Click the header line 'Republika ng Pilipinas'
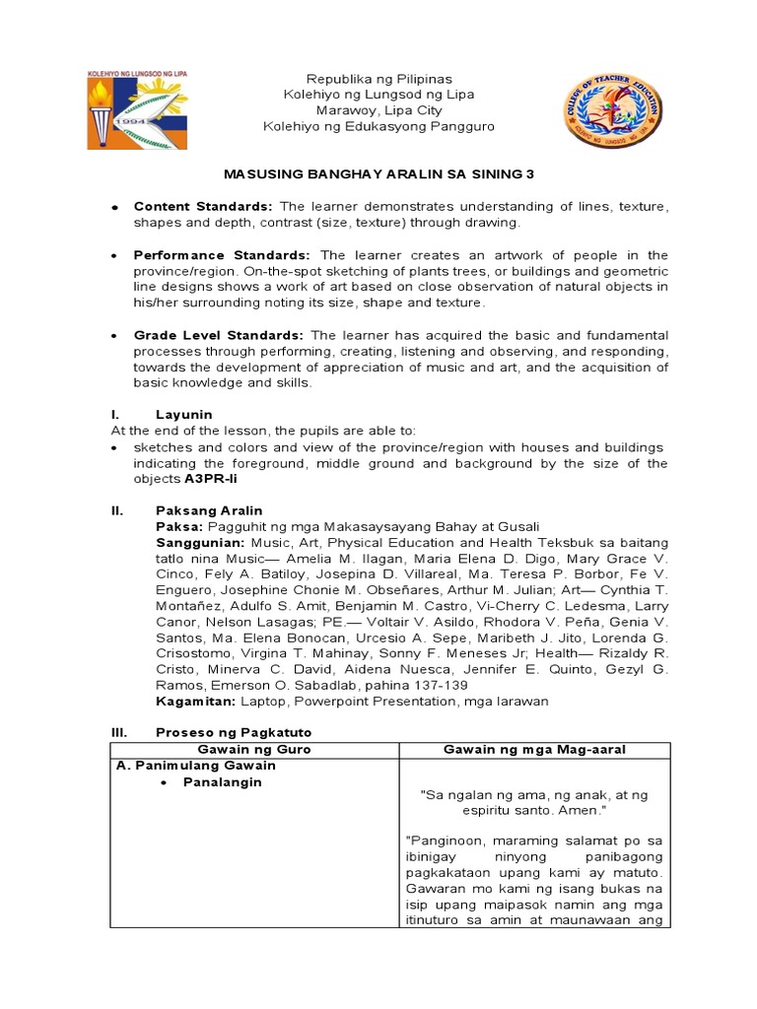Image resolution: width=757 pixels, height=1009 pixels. (x=378, y=78)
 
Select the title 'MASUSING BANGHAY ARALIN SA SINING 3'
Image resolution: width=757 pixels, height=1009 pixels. (x=378, y=173)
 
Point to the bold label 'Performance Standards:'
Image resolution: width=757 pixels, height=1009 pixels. (x=222, y=254)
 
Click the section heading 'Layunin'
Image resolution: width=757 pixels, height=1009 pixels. (x=183, y=415)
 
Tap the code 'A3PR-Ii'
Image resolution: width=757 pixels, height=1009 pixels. (x=211, y=479)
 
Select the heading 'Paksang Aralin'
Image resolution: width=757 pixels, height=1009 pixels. (x=209, y=510)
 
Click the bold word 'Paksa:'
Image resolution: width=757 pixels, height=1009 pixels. (x=177, y=527)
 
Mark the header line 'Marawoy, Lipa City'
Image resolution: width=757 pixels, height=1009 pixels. (x=378, y=110)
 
